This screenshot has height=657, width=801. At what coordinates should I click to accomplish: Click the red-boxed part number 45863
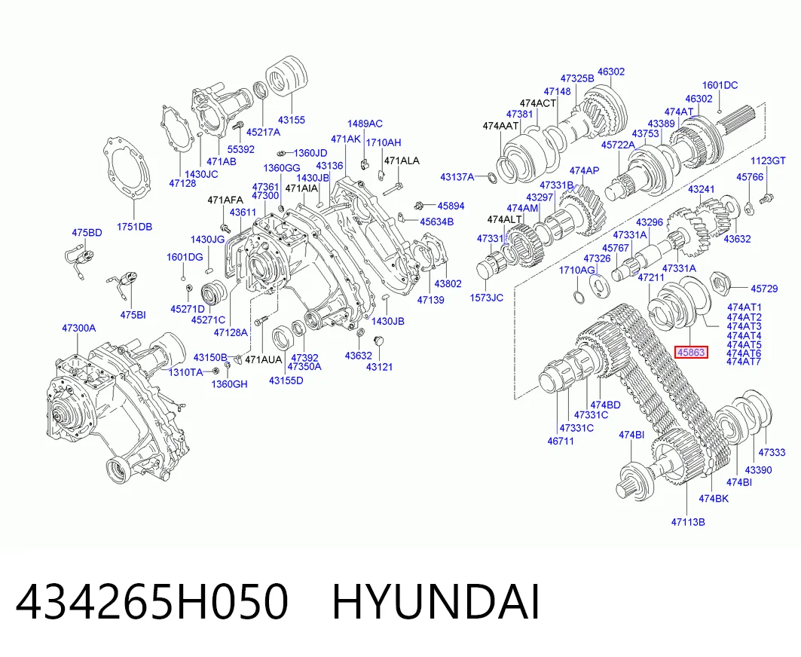click(x=692, y=352)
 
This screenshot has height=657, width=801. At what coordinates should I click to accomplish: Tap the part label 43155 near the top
click(x=291, y=120)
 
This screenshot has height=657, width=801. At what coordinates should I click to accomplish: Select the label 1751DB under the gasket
click(x=134, y=227)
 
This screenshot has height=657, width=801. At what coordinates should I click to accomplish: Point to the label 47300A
click(x=78, y=328)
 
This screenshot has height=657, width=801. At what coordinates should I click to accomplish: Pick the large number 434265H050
click(x=152, y=602)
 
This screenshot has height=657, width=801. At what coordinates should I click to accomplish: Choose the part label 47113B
click(x=688, y=522)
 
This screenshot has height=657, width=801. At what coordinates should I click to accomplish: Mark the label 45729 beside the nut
click(x=764, y=289)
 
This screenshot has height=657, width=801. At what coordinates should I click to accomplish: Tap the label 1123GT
click(x=768, y=161)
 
